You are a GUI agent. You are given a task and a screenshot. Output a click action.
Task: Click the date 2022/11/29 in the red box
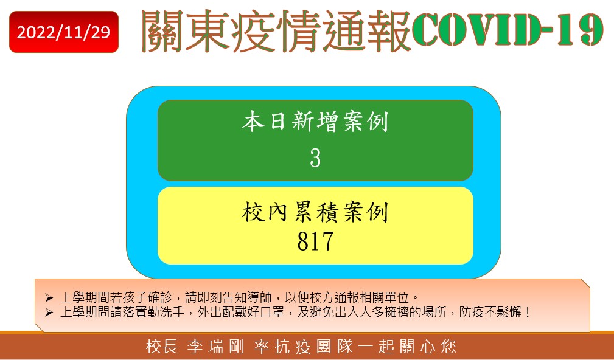(x=63, y=32)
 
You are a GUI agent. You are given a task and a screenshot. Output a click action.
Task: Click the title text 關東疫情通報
(x=276, y=31)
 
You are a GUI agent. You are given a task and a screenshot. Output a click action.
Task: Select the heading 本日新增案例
(x=315, y=122)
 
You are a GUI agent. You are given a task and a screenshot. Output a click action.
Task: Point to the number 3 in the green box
(x=315, y=158)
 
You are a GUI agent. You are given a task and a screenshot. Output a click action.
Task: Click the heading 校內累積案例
(x=315, y=212)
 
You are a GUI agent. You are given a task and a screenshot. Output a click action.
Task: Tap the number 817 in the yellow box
(x=315, y=241)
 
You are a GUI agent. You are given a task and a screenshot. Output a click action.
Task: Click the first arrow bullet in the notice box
(x=49, y=298)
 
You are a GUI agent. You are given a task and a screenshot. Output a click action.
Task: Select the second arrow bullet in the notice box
(x=49, y=312)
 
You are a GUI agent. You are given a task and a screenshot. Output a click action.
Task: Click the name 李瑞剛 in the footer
(x=215, y=347)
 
